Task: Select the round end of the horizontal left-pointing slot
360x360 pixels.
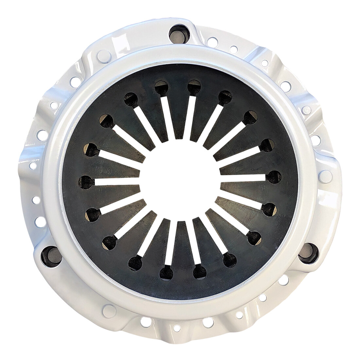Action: pos(86,180)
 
